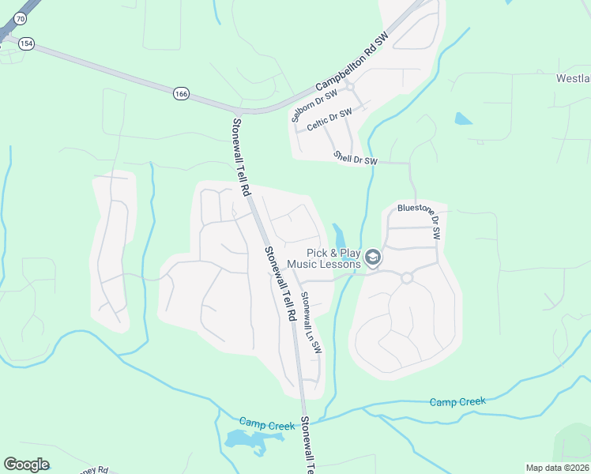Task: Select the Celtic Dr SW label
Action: tap(329, 121)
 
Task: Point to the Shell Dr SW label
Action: tap(356, 158)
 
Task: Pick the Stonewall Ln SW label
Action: tap(311, 322)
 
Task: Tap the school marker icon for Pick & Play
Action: tap(373, 258)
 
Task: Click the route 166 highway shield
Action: tap(182, 93)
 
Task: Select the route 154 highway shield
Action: tap(27, 44)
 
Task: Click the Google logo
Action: tap(26, 464)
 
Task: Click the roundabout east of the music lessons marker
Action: tap(407, 277)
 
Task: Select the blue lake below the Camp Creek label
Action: tap(246, 441)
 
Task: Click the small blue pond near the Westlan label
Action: tap(463, 119)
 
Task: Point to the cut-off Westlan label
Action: tap(573, 78)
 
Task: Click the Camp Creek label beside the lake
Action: tap(266, 426)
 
